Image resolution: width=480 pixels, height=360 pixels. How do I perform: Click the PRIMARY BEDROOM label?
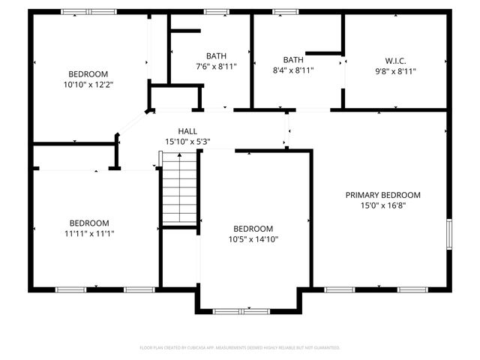coord(382,195)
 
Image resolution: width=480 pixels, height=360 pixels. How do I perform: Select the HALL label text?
coord(187,131)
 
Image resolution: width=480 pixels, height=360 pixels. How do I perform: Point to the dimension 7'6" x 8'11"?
coord(217,66)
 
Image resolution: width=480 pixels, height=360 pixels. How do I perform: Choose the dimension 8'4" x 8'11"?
coord(293,70)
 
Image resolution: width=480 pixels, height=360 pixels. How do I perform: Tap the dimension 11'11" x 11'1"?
coord(89,233)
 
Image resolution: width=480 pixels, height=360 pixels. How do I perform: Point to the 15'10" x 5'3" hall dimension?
coord(187,141)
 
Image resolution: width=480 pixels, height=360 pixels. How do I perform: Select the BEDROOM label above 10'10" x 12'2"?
coord(88,73)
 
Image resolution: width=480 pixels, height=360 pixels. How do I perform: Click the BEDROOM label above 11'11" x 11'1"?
coord(89,223)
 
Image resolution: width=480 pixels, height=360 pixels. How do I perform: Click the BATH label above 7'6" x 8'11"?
coord(217,55)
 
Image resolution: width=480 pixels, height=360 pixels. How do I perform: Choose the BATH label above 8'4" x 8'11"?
coord(293,60)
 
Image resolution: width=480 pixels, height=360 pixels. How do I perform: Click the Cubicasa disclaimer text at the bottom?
coord(240,348)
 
